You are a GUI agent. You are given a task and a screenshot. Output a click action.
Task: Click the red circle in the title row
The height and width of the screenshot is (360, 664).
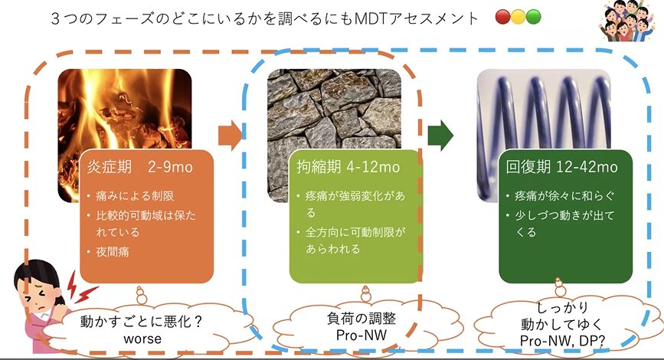click(x=502, y=17)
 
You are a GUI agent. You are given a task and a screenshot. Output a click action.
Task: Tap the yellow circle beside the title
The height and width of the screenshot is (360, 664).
click(x=518, y=17)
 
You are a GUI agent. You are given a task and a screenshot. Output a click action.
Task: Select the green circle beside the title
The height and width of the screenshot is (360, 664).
click(x=533, y=17)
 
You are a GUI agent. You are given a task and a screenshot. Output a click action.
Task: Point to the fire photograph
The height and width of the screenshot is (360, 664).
click(x=125, y=136)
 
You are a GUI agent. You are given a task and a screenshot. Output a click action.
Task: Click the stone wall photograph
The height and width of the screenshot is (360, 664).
click(x=334, y=136)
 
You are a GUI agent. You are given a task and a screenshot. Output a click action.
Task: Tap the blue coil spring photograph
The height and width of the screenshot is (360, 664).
click(x=544, y=136)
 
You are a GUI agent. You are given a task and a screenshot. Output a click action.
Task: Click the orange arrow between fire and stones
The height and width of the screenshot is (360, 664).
click(x=231, y=136)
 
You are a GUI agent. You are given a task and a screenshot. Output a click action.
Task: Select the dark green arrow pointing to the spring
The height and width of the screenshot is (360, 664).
click(x=440, y=136)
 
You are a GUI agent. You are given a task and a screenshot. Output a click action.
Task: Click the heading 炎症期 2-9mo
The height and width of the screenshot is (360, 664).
click(x=139, y=167)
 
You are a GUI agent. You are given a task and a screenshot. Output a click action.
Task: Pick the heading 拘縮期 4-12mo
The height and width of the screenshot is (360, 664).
click(x=348, y=167)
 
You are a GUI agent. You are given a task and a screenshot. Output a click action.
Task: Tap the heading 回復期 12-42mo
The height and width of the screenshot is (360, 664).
click(x=561, y=167)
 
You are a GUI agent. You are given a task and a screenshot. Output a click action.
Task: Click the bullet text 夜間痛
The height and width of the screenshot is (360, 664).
click(x=113, y=252)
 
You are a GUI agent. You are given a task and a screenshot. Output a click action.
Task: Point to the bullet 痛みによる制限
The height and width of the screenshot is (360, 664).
click(x=135, y=195)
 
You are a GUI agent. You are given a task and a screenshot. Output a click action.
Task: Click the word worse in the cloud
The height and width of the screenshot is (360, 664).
click(x=142, y=339)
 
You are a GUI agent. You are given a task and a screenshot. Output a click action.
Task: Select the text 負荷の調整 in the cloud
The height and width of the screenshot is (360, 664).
click(x=361, y=319)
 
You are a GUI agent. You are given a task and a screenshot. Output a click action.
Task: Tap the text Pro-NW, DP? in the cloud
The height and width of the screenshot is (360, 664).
click(x=562, y=341)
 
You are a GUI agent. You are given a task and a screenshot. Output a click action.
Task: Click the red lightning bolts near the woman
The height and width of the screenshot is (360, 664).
click(x=80, y=288)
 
